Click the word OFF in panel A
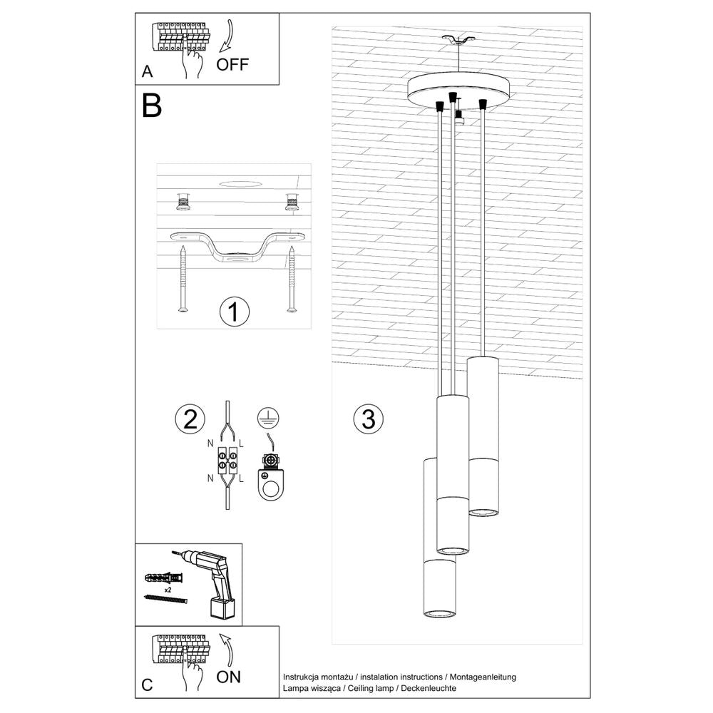point(232,64)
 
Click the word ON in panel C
point(228,677)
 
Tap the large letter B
point(152,106)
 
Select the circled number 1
point(235,312)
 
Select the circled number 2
point(190,419)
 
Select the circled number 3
point(368,419)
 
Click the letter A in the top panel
point(147,71)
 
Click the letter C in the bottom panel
point(147,685)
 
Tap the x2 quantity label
point(167,590)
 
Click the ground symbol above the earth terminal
point(268,419)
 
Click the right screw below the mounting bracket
point(292,279)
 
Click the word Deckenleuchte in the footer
point(429,688)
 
